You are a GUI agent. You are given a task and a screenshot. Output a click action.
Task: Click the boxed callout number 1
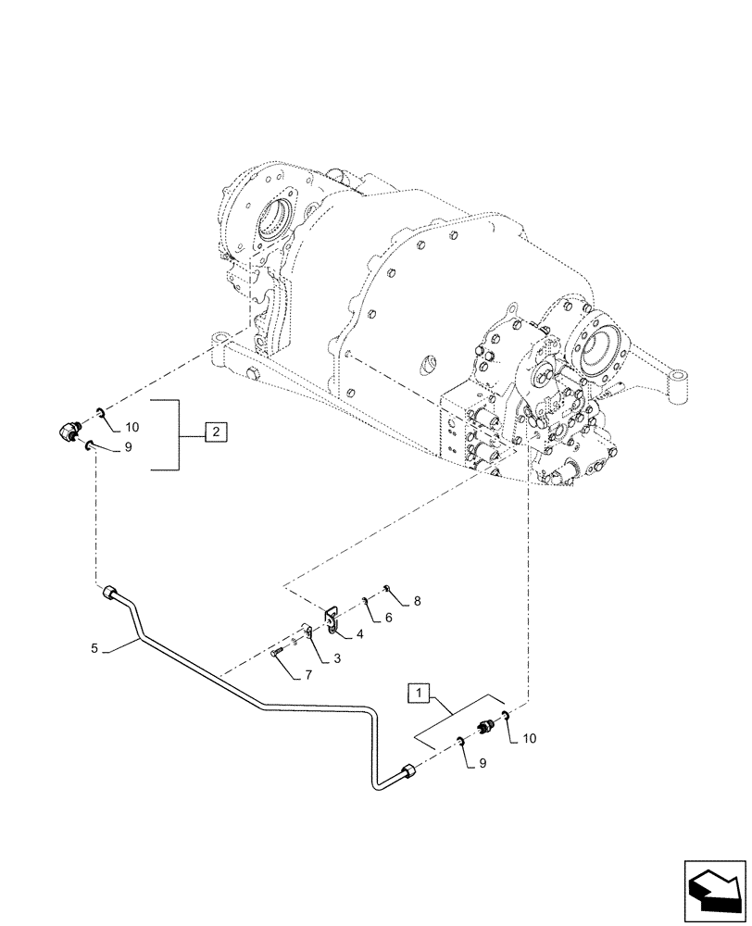coord(420,692)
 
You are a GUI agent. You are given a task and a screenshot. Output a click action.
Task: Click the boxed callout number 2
coord(214,432)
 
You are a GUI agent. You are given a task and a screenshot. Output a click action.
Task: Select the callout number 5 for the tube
coord(95,649)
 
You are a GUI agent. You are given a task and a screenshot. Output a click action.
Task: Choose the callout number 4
coord(358,634)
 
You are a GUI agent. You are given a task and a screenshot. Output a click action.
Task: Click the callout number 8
coord(417,601)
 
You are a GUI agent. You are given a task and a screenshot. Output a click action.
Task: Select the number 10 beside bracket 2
coord(132,427)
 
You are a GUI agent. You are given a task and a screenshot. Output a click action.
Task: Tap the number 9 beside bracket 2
coord(128,446)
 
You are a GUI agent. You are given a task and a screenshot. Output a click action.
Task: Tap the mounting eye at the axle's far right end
coord(683,380)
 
